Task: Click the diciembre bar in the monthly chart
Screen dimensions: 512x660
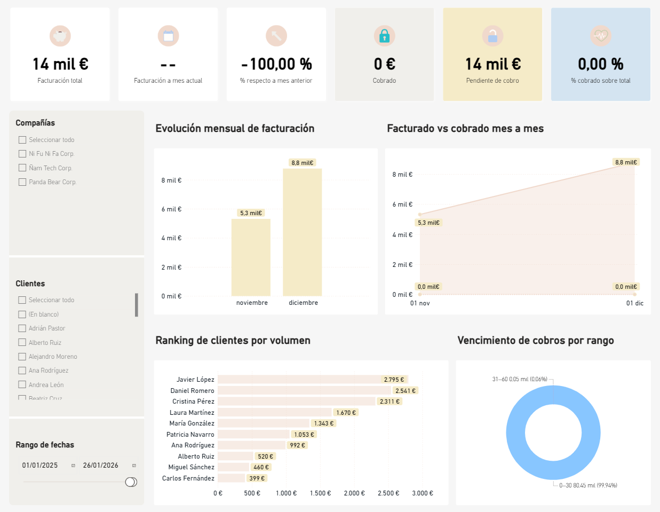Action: tap(302, 232)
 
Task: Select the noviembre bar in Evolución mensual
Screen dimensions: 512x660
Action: tap(251, 257)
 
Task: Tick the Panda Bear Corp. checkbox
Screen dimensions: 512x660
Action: tap(22, 182)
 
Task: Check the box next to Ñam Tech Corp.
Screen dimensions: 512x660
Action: tap(22, 168)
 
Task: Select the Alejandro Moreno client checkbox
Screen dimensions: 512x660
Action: tap(22, 357)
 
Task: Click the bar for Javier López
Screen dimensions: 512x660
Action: tap(299, 380)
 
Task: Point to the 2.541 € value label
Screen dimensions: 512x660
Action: tap(405, 391)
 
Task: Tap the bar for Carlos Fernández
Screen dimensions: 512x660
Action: tap(231, 478)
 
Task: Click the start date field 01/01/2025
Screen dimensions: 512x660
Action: tap(40, 466)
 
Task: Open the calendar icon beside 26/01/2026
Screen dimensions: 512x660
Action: tap(134, 466)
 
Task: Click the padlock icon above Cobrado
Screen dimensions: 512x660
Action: tap(384, 36)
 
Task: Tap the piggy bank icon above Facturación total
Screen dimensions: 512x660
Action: tap(60, 36)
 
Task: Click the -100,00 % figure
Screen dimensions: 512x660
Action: tap(276, 64)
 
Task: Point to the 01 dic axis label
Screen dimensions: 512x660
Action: tap(634, 303)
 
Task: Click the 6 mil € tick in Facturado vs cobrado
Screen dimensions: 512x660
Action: tap(402, 204)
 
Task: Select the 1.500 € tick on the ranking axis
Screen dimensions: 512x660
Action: tap(320, 493)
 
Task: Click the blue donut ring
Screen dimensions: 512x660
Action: tap(515, 432)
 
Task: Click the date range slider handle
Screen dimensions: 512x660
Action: tap(131, 482)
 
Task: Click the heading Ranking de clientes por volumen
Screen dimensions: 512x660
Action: tap(233, 341)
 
